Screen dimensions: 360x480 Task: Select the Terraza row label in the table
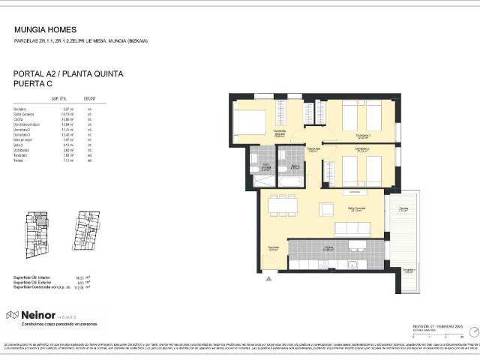(x=19, y=160)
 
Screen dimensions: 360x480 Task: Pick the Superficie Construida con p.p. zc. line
(x=41, y=287)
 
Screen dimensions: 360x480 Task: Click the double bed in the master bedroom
(x=250, y=121)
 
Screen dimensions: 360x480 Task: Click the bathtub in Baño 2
(x=290, y=179)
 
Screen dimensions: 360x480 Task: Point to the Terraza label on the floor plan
(x=403, y=210)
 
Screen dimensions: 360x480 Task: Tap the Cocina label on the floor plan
(x=328, y=248)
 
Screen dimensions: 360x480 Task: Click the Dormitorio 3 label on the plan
(x=363, y=136)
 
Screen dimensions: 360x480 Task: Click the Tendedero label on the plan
(x=408, y=271)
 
